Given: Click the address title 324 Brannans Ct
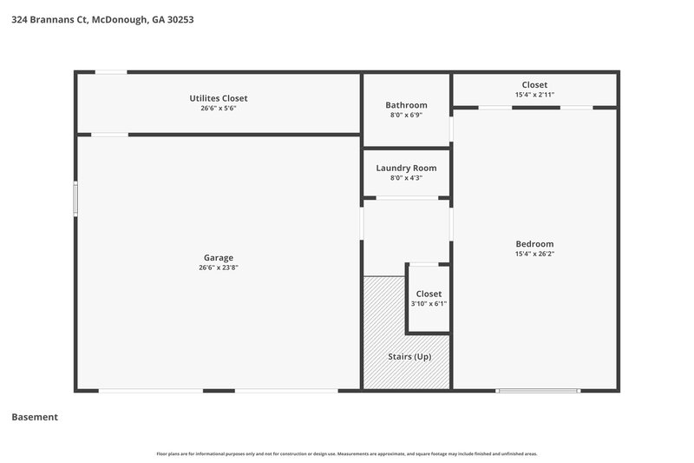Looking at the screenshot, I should coord(102,18).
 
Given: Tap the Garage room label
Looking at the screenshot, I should coord(219,257).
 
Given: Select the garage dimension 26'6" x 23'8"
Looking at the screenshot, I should coord(219,268).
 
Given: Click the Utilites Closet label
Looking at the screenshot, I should coord(219,98).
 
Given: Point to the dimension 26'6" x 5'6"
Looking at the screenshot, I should coord(219,109).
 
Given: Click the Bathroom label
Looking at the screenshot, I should coord(406,105).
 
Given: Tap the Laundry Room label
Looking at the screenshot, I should coord(406,168).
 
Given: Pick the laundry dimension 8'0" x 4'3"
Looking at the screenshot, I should coord(406,179).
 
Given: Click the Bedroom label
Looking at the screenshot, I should coord(534,244).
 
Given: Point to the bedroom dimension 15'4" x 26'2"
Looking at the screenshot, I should coord(534,255).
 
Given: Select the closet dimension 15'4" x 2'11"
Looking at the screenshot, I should coord(534,95).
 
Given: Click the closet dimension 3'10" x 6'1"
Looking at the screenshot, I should coord(429,304).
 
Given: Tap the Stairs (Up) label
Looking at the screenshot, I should coord(409,356).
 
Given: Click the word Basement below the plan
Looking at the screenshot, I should coord(35,417).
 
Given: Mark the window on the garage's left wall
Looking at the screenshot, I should coord(75,198).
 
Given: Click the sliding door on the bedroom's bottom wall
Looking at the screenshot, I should coord(537,390).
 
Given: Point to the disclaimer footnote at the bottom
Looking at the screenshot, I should coord(347,453).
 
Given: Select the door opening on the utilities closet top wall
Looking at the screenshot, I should coord(110,72).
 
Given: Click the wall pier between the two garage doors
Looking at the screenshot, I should coord(219,390).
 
